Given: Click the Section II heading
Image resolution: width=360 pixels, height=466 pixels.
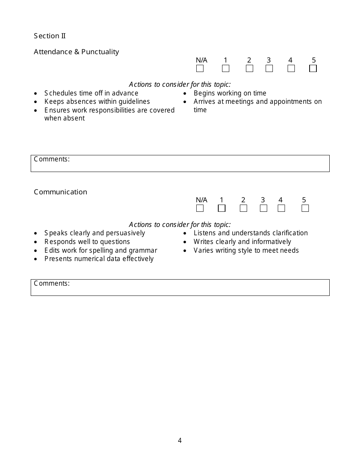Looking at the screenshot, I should pyautogui.click(x=50, y=36).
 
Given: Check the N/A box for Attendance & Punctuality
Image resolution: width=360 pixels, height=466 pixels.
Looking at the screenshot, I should pyautogui.click(x=200, y=69).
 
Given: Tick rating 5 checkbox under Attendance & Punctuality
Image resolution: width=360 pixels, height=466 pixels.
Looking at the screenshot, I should pyautogui.click(x=313, y=69).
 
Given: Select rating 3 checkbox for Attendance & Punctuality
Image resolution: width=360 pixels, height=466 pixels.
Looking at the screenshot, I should pyautogui.click(x=269, y=69).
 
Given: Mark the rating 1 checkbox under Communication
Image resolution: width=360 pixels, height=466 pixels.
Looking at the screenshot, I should pyautogui.click(x=222, y=208).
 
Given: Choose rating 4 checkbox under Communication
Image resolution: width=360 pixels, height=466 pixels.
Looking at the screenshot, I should pyautogui.click(x=281, y=208).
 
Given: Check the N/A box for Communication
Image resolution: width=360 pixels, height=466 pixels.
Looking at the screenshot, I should pyautogui.click(x=200, y=208).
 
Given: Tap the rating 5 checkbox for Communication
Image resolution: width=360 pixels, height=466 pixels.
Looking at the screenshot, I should pyautogui.click(x=305, y=208).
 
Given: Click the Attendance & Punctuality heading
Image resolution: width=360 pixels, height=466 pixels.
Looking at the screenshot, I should pyautogui.click(x=76, y=52).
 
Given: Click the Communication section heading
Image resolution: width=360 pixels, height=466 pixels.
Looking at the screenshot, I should pyautogui.click(x=60, y=192).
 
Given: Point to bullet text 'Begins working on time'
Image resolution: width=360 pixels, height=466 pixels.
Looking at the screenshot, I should pyautogui.click(x=230, y=93).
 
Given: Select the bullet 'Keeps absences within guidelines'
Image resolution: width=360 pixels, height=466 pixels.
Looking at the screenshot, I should pyautogui.click(x=97, y=102).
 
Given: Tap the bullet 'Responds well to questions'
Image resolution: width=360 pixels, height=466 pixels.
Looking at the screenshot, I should pyautogui.click(x=87, y=242).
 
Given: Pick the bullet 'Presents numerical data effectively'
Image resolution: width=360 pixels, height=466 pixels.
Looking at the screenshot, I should pyautogui.click(x=99, y=259).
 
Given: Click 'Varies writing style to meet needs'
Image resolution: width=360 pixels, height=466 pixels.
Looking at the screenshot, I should pyautogui.click(x=246, y=250).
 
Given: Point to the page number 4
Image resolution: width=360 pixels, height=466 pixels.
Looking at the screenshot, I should pyautogui.click(x=180, y=441).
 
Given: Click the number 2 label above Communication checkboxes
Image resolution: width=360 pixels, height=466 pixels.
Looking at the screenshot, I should pyautogui.click(x=243, y=200).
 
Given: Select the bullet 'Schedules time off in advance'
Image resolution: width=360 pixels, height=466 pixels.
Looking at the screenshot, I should pyautogui.click(x=91, y=93).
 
